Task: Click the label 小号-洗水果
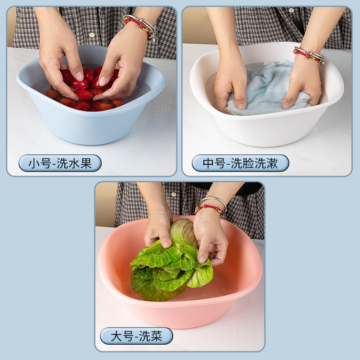[x=60, y=163]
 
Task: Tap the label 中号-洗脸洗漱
[x=240, y=163]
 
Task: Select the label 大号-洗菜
[x=136, y=336]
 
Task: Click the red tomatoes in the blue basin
[x=83, y=97]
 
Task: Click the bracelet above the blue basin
[x=139, y=25]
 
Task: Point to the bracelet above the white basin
[x=309, y=55]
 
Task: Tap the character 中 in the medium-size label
[x=208, y=163]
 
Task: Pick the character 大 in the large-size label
[x=116, y=336]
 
